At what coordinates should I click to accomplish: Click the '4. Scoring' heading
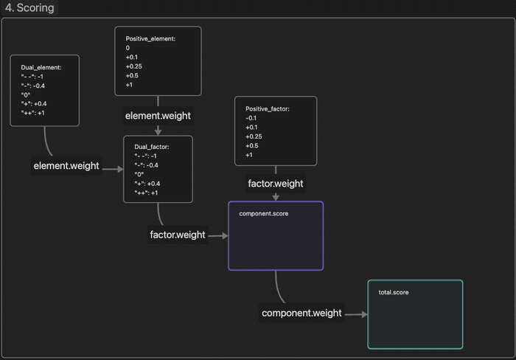pos(29,7)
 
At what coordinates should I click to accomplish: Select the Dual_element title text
pos(41,68)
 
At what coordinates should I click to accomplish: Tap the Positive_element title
pos(150,39)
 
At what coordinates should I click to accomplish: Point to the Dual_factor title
pos(152,147)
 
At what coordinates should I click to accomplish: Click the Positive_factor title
pos(268,109)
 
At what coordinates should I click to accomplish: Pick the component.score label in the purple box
pos(264,214)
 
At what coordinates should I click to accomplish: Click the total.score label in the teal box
pos(394,292)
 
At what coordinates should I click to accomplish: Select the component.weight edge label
pos(301,313)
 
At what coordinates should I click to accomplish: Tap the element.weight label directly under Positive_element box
pos(158,116)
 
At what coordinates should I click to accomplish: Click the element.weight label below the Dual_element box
pos(66,166)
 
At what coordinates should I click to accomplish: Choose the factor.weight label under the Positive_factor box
pos(276,184)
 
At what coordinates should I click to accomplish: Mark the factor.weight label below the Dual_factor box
pos(178,235)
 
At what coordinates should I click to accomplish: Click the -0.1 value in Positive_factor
pos(251,118)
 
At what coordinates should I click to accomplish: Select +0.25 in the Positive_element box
pos(134,66)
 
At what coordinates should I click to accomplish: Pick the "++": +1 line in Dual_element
pos(33,113)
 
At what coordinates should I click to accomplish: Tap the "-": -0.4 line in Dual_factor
pos(146,165)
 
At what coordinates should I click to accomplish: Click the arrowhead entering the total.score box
pos(364,314)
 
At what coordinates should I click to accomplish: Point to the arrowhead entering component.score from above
pos(276,198)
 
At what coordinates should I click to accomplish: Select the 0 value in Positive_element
pos(128,48)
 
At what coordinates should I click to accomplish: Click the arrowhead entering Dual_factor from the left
pos(120,169)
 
